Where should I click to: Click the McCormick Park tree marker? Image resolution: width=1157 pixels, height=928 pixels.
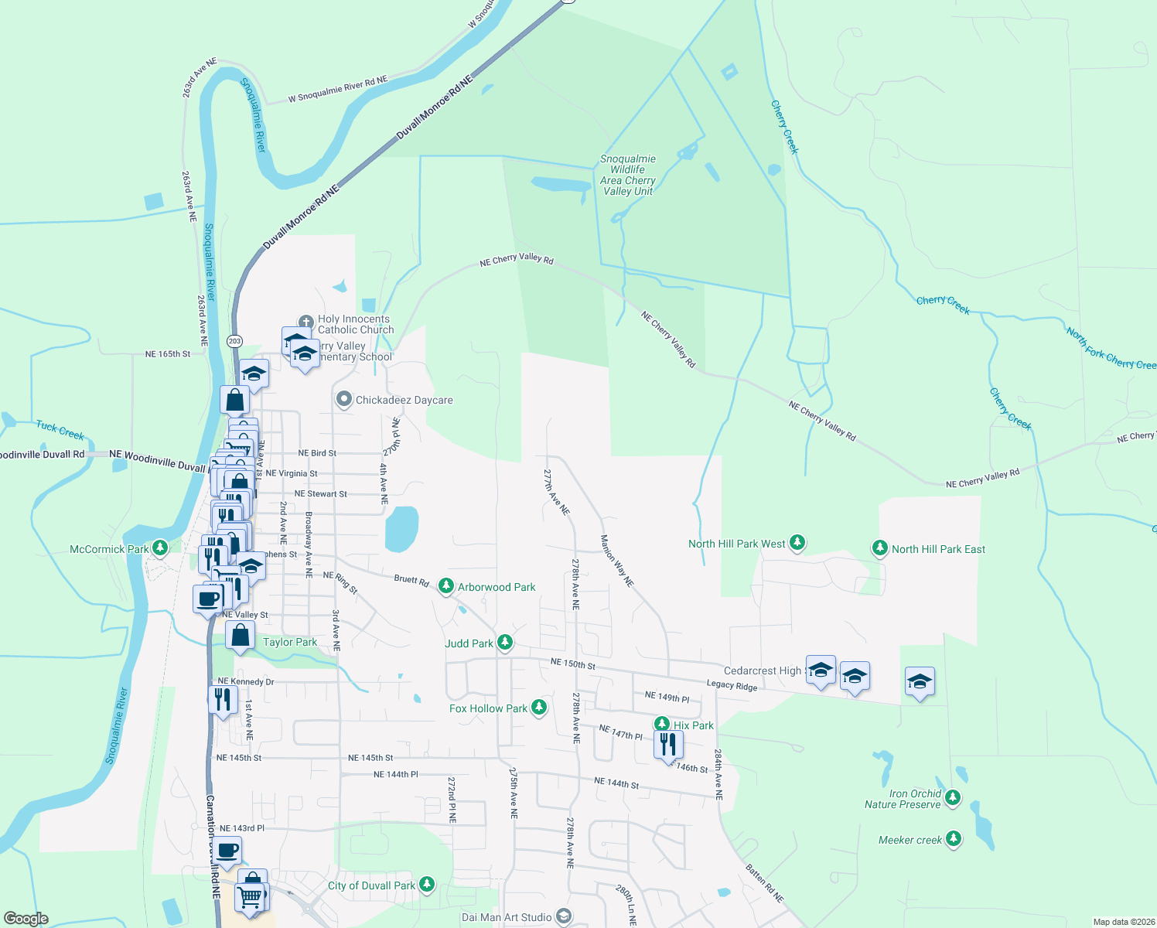[160, 548]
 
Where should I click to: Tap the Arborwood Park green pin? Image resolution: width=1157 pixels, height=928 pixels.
[446, 586]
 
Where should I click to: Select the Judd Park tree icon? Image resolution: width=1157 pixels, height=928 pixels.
[505, 642]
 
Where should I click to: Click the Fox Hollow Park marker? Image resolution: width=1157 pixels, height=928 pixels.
[539, 707]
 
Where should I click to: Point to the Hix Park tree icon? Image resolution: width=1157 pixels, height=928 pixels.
[662, 725]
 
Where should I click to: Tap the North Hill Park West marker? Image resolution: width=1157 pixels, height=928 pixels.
[797, 543]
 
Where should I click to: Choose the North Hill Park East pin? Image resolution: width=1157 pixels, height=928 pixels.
[879, 548]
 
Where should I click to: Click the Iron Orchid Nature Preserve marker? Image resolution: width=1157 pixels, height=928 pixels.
[953, 797]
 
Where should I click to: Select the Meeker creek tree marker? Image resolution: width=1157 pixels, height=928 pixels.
[954, 838]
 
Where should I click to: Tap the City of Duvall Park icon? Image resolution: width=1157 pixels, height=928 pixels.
[427, 885]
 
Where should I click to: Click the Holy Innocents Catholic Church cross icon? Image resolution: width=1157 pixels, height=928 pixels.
[306, 322]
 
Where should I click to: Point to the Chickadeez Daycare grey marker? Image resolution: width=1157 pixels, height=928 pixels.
[344, 400]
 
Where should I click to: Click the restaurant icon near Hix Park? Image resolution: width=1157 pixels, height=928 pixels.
[668, 745]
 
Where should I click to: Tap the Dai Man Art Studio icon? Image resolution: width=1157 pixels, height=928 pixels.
[564, 917]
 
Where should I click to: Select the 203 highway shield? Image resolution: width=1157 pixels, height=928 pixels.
[235, 341]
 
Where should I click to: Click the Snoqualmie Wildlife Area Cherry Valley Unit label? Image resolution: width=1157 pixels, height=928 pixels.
[628, 175]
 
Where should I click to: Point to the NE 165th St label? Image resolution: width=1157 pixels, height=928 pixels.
[168, 354]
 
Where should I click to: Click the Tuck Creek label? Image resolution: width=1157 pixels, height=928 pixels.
[60, 429]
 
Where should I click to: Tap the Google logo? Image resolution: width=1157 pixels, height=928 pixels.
[26, 919]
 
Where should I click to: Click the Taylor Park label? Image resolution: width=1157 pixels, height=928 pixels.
[290, 642]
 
